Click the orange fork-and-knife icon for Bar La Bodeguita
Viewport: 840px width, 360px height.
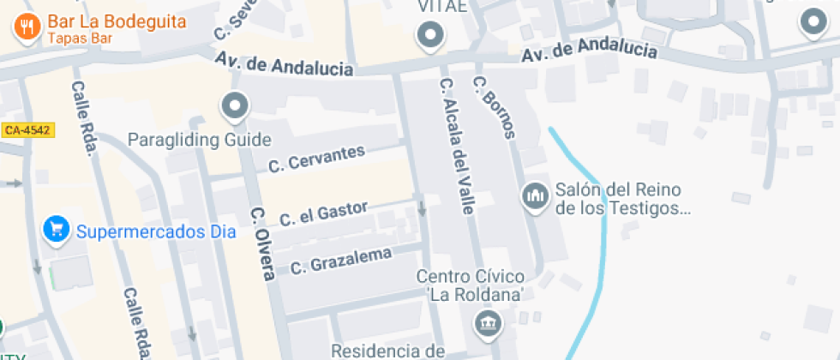[27, 26]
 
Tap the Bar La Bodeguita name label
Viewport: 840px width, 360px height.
[117, 21]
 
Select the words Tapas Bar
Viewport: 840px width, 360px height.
[80, 38]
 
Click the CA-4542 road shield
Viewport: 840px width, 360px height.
[27, 130]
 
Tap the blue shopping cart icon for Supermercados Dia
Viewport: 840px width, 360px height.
[57, 230]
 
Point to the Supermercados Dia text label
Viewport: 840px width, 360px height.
[143, 231]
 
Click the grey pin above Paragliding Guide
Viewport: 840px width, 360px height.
[234, 107]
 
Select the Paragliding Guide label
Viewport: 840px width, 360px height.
[199, 139]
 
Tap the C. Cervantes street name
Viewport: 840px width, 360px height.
[316, 158]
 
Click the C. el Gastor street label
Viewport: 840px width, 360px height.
[323, 213]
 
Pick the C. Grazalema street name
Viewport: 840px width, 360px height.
[340, 261]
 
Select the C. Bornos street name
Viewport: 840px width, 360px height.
[495, 106]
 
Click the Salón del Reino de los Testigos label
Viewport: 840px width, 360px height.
[622, 198]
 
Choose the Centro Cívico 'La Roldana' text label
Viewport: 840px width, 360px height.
[470, 285]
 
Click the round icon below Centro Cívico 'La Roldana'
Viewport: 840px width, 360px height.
[487, 323]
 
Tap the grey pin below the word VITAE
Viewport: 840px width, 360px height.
[429, 36]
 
